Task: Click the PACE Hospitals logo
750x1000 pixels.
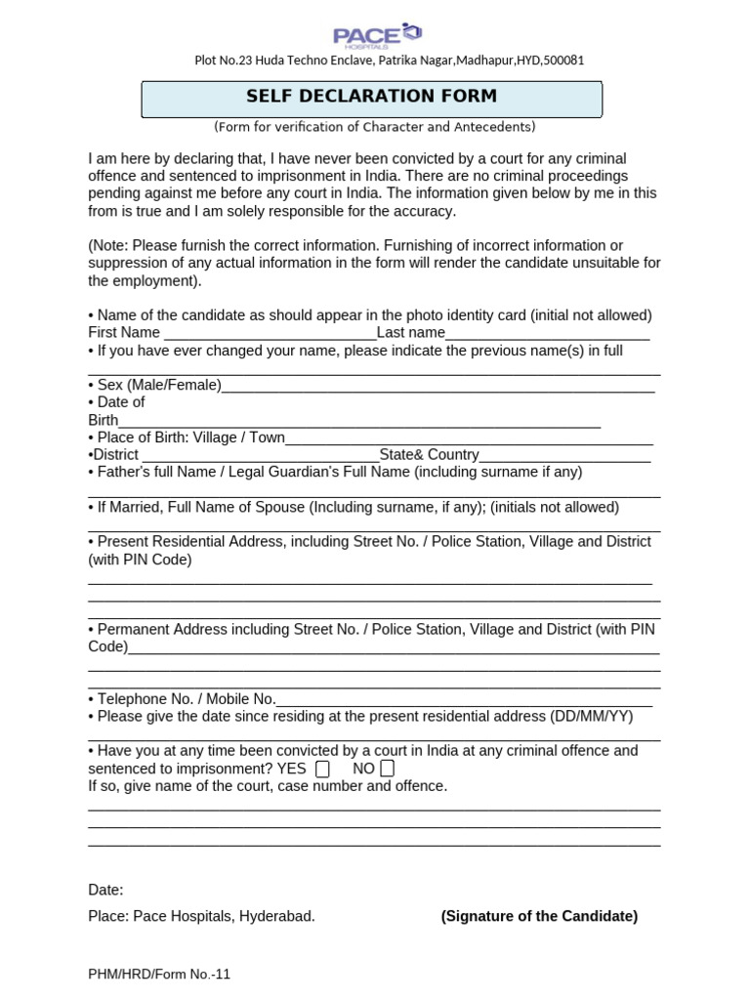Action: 377,36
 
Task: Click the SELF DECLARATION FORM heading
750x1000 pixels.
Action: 371,97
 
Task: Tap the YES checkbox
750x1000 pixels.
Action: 323,770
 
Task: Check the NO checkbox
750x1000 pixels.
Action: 388,770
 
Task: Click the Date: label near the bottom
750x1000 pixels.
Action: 105,891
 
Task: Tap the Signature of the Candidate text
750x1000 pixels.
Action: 539,916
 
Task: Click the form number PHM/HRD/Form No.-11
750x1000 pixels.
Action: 159,975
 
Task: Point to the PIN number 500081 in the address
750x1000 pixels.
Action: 562,61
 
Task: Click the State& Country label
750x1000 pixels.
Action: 430,455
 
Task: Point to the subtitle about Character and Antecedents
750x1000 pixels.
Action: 374,128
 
